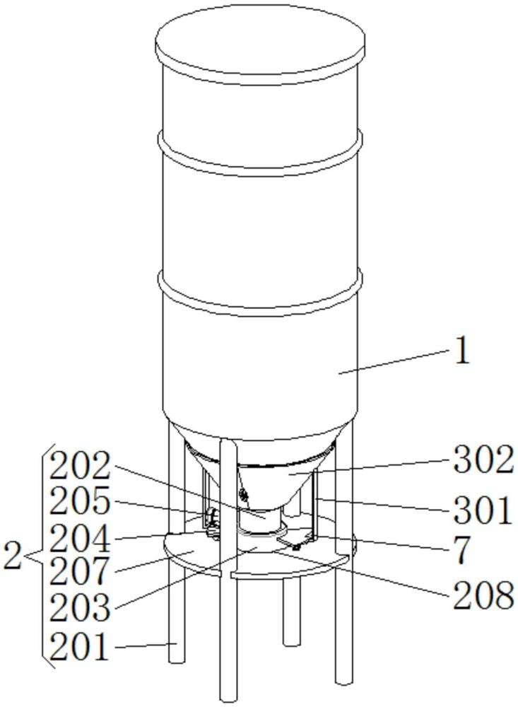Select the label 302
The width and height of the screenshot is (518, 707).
[x=483, y=460]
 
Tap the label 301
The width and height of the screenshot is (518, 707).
[x=483, y=510]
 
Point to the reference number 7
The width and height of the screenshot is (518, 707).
[x=461, y=551]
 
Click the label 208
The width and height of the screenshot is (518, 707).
[x=483, y=595]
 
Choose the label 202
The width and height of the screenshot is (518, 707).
[x=80, y=465]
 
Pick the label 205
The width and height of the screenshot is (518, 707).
[x=80, y=501]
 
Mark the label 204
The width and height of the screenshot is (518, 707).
[x=80, y=538]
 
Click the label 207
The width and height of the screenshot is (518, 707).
[x=80, y=571]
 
